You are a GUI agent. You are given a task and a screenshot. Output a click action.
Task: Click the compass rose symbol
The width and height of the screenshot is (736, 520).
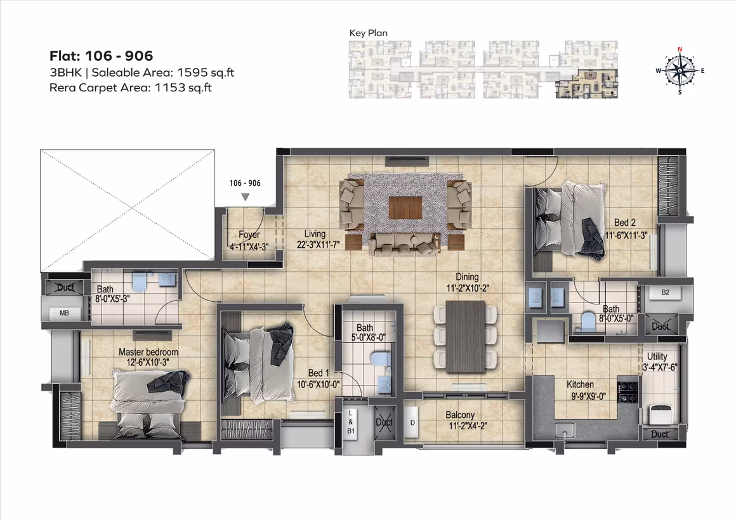click(680, 70)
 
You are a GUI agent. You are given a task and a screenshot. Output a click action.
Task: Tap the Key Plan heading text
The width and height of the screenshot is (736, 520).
click(369, 33)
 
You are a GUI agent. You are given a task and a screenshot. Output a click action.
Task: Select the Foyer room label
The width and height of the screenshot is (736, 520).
click(249, 234)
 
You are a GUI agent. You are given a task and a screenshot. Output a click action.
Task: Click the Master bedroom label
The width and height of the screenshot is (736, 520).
click(148, 352)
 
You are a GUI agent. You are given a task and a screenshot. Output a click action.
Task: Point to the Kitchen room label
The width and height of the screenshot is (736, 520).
click(580, 384)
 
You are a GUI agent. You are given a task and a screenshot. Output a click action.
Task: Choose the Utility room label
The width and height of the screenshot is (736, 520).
click(657, 356)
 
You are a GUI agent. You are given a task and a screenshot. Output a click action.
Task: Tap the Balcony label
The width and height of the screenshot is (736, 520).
click(460, 415)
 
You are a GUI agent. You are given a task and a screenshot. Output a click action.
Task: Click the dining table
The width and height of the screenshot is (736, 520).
click(465, 337)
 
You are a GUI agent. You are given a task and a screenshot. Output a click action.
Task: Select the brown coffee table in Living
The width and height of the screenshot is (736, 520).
click(405, 208)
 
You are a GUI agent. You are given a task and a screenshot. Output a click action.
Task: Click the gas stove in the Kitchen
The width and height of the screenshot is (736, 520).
click(628, 392)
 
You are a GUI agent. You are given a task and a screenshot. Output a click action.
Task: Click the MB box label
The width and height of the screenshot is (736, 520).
click(64, 313)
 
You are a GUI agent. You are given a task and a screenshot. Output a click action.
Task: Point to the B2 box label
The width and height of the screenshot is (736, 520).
click(666, 292)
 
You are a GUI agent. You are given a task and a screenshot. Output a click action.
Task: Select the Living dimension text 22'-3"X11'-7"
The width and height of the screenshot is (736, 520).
click(319, 245)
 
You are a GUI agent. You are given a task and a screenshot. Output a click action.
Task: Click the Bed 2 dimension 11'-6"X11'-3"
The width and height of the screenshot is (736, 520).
click(626, 235)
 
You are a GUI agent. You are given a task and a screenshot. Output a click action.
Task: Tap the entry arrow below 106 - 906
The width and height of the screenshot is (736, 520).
click(246, 197)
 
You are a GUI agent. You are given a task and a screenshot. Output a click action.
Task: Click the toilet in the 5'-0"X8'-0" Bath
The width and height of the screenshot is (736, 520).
click(378, 360)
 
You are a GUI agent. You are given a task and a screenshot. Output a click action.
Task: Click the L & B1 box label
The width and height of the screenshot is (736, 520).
click(351, 422)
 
